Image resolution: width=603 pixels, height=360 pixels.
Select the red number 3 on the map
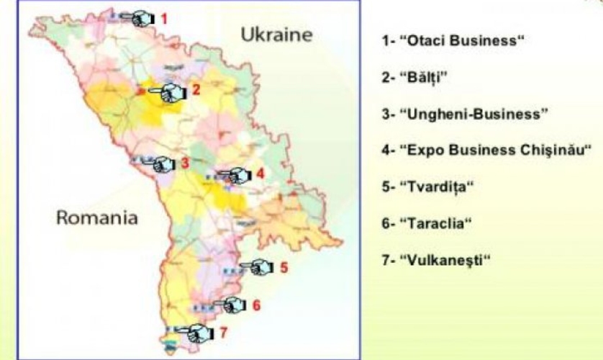click(185, 163)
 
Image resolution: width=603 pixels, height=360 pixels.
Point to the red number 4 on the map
click(260, 174)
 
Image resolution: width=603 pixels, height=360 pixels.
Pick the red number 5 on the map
click(284, 267)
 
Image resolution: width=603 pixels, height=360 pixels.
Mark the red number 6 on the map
click(256, 305)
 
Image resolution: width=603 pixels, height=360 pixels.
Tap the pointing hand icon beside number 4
click(234, 175)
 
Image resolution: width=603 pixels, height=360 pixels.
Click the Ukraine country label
click(276, 35)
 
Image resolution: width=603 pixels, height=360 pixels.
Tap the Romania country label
click(97, 217)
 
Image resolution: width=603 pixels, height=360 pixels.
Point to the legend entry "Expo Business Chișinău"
click(486, 150)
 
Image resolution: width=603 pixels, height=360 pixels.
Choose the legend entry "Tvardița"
click(430, 186)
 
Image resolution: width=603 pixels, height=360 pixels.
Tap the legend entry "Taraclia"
click(426, 222)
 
